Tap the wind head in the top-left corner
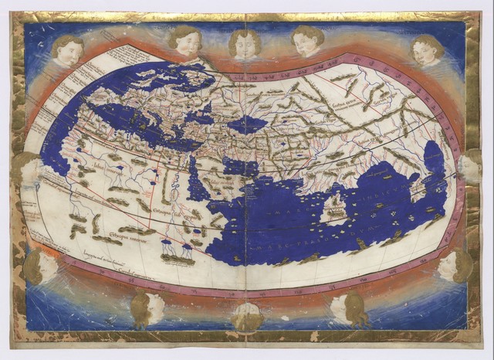68,50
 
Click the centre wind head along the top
246,42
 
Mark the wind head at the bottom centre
248,317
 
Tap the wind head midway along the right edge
470,165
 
